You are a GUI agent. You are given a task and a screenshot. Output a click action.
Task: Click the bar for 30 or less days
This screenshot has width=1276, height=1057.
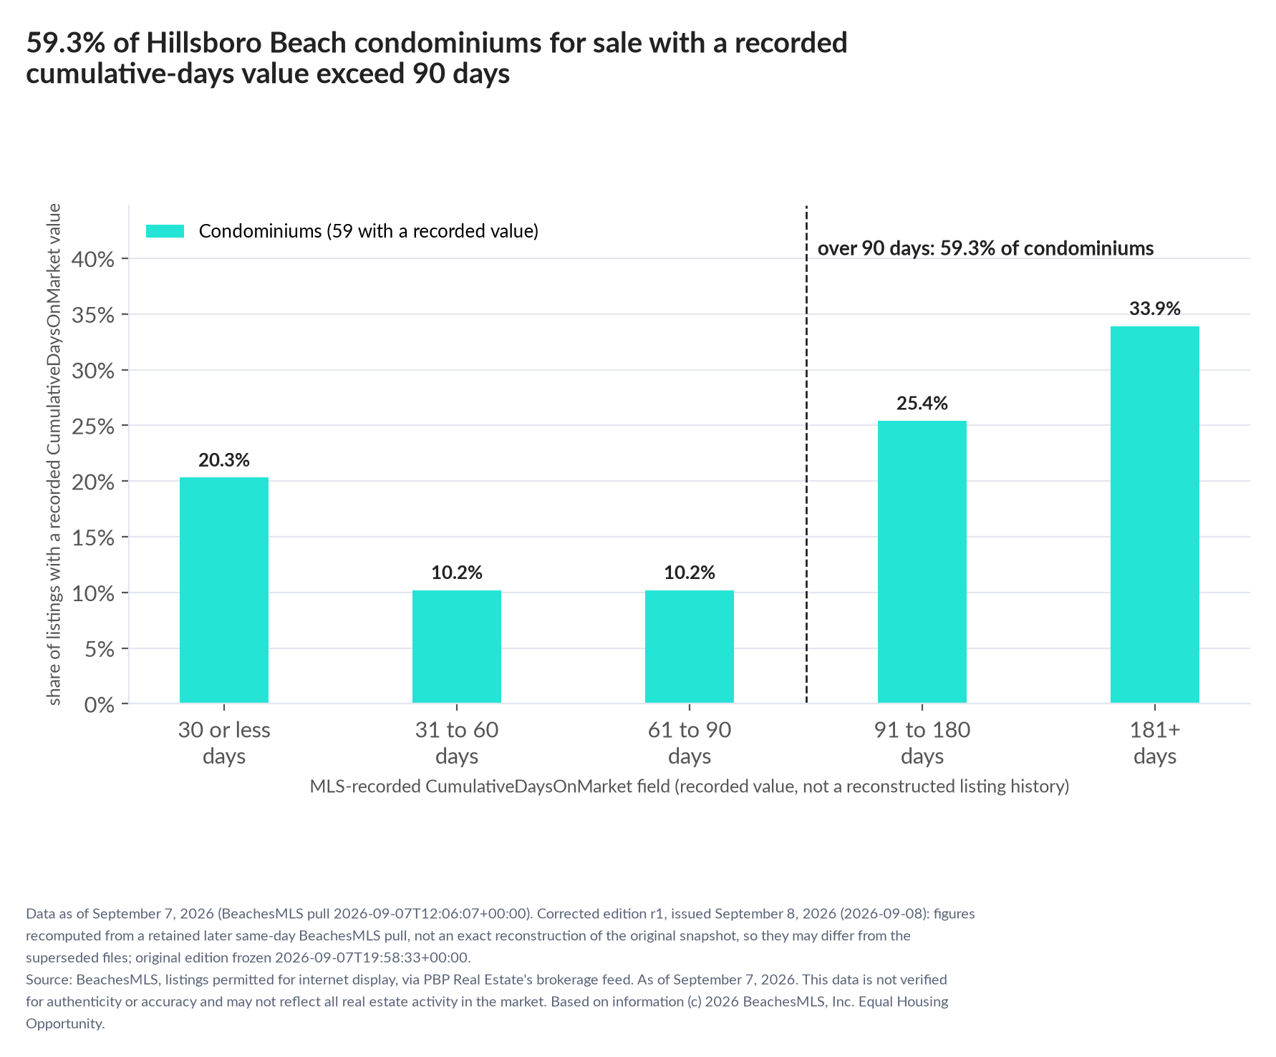coord(224,590)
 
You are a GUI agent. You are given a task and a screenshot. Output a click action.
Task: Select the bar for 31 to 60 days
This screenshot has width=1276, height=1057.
coord(457,647)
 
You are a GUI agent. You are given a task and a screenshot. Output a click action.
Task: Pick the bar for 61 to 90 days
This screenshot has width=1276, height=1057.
coord(690,647)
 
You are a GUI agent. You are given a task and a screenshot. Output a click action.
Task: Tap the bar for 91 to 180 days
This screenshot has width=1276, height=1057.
coord(922,562)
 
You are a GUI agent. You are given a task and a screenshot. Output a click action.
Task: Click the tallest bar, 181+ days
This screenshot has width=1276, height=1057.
coord(1155,515)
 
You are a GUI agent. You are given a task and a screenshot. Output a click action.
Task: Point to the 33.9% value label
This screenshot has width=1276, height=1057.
coord(1155,308)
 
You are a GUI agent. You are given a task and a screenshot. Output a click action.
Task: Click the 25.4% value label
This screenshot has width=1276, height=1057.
coord(922,403)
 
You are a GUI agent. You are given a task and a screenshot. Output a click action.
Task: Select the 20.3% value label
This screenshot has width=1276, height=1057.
coord(224,459)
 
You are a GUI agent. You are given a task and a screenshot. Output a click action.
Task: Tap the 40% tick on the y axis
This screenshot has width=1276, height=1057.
coord(94,259)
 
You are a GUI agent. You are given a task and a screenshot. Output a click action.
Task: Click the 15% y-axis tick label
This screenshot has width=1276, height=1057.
coord(94,537)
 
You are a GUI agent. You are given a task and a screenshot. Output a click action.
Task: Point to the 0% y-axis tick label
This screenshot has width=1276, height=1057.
coord(100,705)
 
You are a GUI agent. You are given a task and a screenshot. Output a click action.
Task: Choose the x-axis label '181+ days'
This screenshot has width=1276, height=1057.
coord(1155,743)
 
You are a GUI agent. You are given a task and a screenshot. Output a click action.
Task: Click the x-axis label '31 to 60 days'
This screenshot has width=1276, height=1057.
coord(457,743)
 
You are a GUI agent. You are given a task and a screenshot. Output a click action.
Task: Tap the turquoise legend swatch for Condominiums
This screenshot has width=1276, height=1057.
coord(165,231)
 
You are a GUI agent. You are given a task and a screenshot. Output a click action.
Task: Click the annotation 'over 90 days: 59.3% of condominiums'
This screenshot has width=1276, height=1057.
coord(985,248)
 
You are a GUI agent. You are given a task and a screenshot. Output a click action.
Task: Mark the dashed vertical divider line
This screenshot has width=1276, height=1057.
coord(807,454)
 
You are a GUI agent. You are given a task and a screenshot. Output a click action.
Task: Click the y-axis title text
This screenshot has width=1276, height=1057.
coord(54,454)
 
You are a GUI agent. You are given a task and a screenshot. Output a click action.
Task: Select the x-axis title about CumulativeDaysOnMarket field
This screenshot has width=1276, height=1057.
coord(690,786)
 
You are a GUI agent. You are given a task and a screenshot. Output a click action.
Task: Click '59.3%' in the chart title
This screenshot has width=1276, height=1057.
coord(66,43)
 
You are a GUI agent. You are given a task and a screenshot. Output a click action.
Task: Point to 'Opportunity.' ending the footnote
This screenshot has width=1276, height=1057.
coord(65,1023)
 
